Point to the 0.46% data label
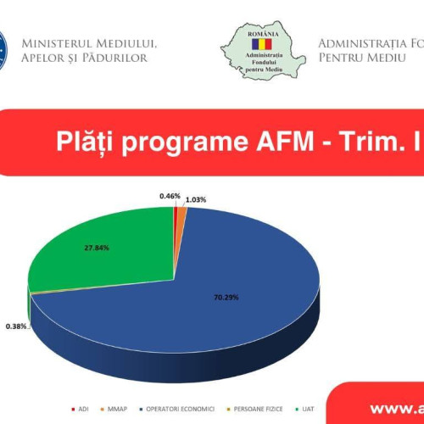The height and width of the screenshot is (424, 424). tap(169, 196)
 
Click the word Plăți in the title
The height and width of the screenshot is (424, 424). tap(81, 141)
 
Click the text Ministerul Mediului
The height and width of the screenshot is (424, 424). tap(89, 42)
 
